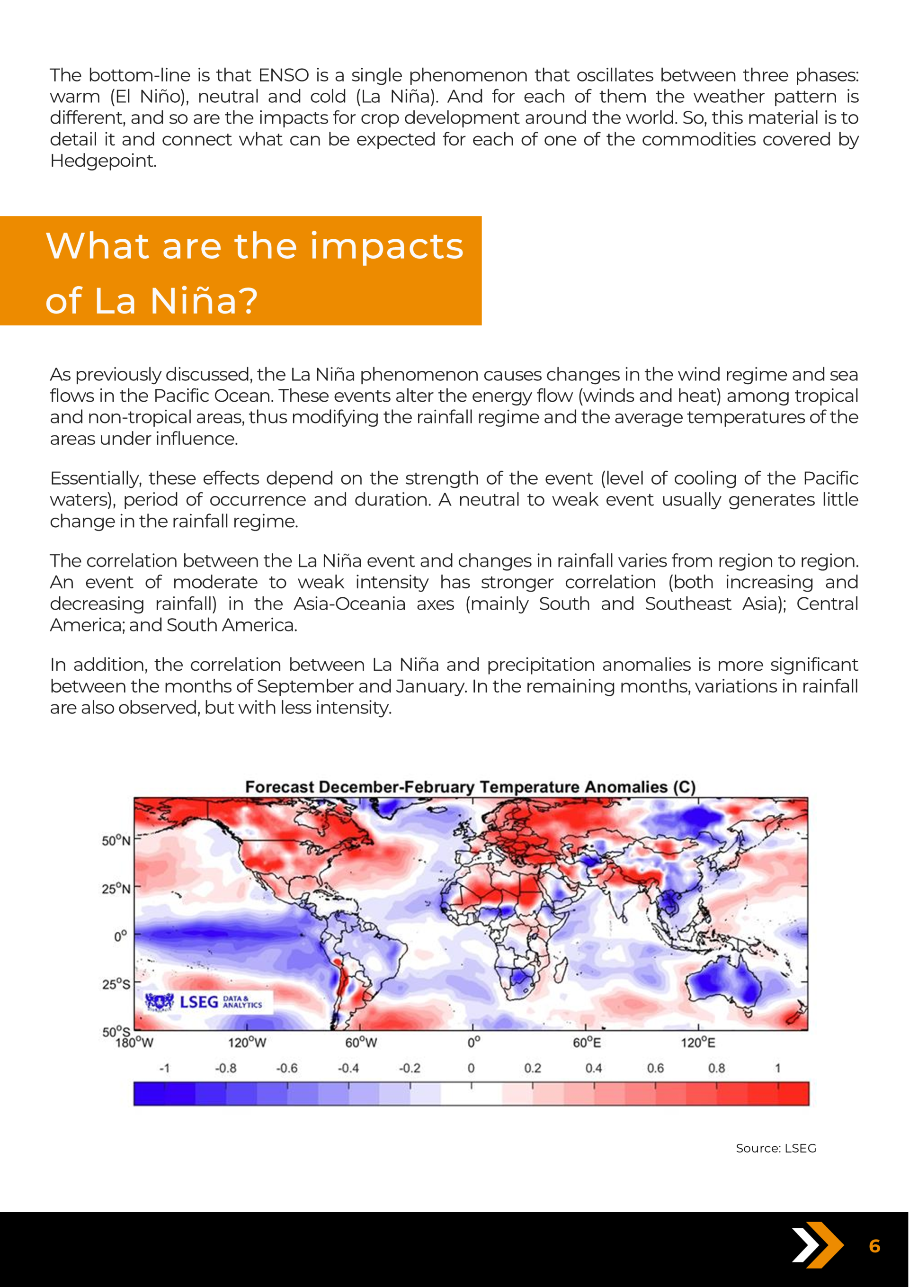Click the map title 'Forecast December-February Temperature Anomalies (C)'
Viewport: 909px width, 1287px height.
(470, 786)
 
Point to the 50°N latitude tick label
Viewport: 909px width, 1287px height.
(116, 841)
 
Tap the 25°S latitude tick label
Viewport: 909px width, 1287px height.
(116, 984)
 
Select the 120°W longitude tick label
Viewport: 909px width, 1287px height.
(247, 1043)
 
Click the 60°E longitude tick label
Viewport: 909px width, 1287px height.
(587, 1043)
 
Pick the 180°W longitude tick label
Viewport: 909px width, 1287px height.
(134, 1043)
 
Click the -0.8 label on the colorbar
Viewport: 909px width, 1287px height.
(226, 1068)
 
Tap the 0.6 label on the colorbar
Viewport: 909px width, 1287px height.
(655, 1068)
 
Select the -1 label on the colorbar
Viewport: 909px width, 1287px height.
(164, 1068)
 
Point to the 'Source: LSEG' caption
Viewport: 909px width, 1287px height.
(775, 1149)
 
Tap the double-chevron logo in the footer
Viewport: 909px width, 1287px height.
(817, 1245)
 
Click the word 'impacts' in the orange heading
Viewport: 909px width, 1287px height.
(387, 247)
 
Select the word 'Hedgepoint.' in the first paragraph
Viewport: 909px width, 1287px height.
(103, 161)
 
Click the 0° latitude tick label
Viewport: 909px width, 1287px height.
(121, 936)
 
